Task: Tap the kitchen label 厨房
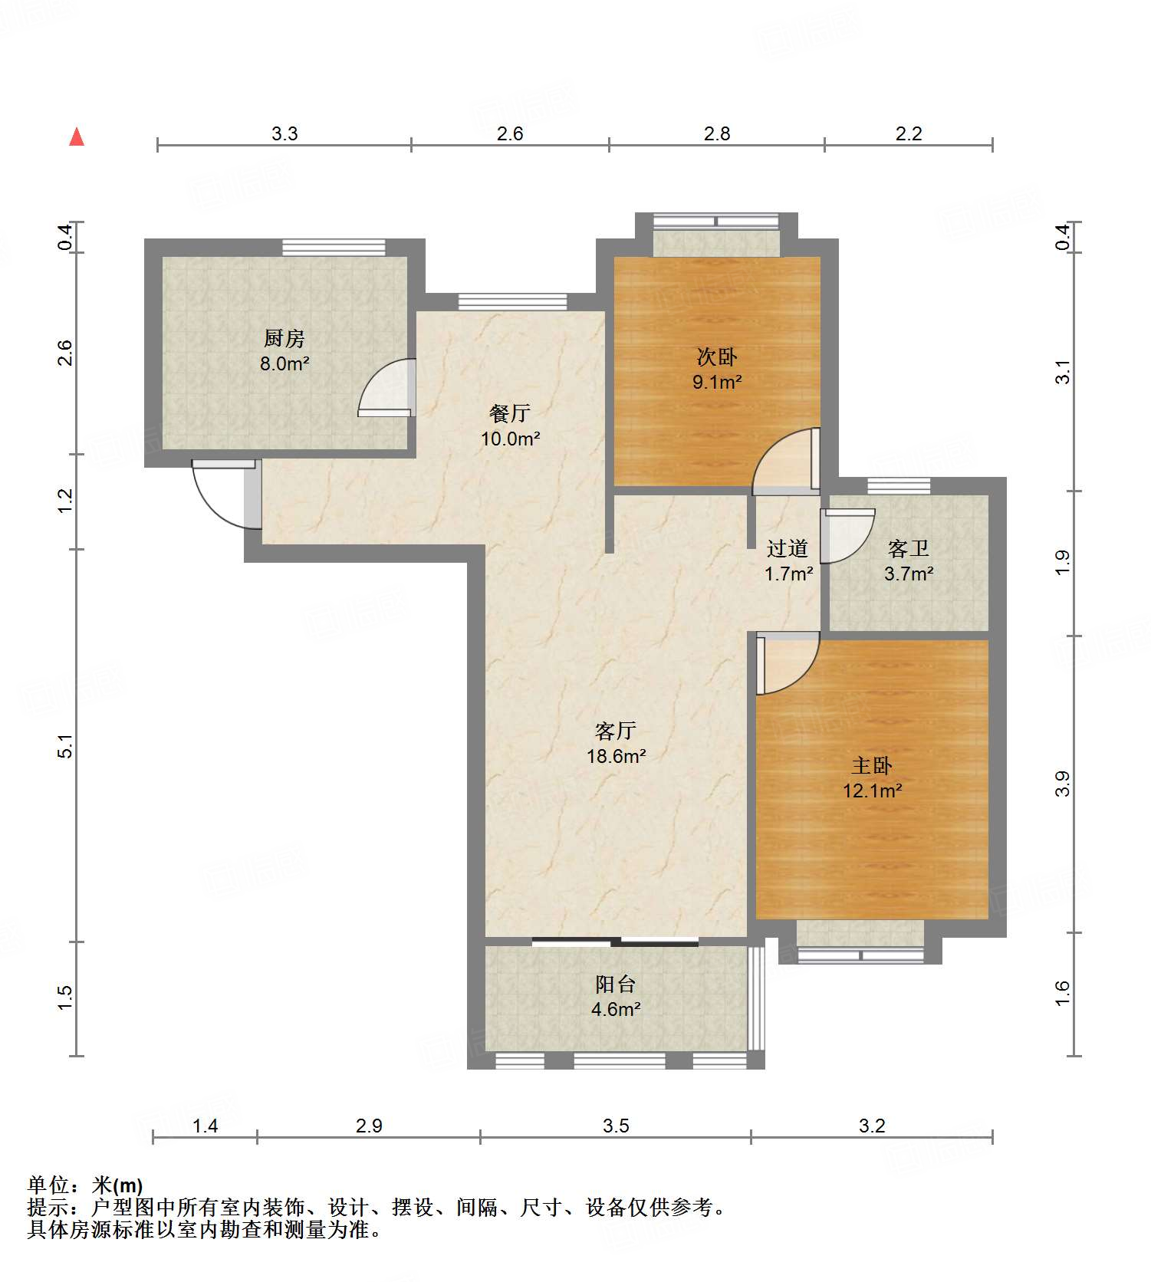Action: (x=284, y=337)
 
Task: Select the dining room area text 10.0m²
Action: (x=511, y=439)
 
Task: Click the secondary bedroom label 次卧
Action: (x=717, y=357)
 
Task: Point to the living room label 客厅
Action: (x=616, y=731)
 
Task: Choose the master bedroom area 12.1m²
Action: (x=873, y=791)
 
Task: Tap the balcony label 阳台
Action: (x=616, y=985)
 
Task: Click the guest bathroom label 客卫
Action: (x=909, y=548)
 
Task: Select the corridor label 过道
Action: (x=788, y=548)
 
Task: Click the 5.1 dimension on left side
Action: (x=66, y=746)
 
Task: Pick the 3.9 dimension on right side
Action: (x=1062, y=784)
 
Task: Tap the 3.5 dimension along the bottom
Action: (x=616, y=1126)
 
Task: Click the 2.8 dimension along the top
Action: (x=717, y=133)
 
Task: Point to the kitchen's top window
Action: (x=334, y=247)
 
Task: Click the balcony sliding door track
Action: (x=615, y=942)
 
